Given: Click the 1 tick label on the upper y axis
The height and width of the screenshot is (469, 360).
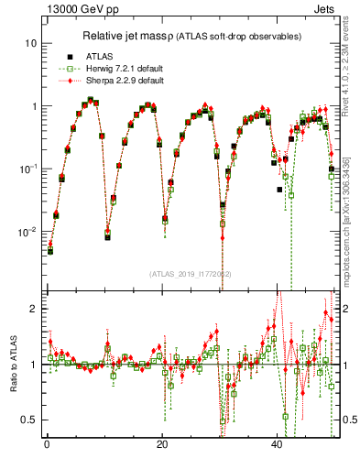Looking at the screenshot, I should coord(33,106).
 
